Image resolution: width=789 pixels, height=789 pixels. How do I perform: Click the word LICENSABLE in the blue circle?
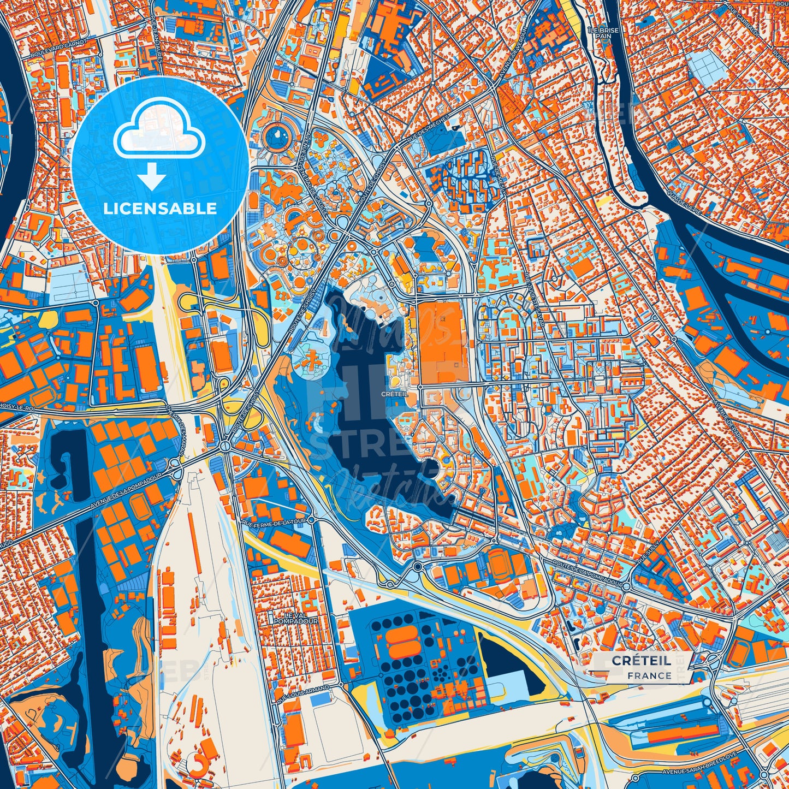pyautogui.click(x=160, y=209)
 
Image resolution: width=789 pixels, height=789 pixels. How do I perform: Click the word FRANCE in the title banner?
pyautogui.click(x=649, y=675)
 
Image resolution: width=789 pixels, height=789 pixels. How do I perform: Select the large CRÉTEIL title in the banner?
pyautogui.click(x=642, y=661)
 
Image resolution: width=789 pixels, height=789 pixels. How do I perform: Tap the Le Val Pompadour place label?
pyautogui.click(x=295, y=618)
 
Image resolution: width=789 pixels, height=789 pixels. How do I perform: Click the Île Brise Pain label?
pyautogui.click(x=603, y=33)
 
